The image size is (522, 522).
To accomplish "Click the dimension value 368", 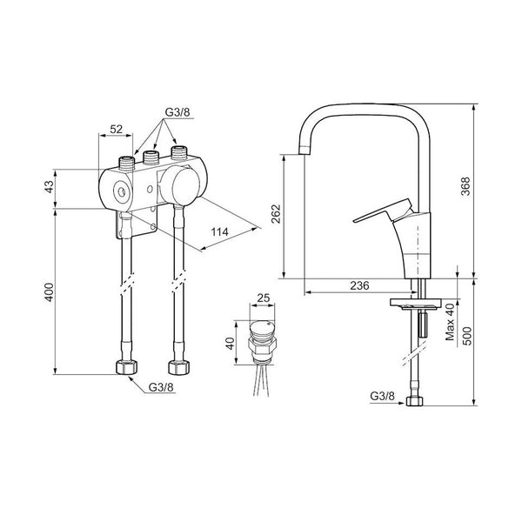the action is [466, 186].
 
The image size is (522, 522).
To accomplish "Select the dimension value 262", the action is [277, 214].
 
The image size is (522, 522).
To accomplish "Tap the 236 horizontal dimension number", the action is [359, 285].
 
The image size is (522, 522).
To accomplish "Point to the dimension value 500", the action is [468, 336].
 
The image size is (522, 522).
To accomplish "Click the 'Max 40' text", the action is [450, 322].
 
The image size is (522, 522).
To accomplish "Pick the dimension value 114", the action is [220, 231].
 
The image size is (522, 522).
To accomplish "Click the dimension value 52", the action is [117, 129].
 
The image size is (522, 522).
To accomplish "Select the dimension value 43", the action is [49, 187].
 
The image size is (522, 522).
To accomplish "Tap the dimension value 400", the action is [49, 292].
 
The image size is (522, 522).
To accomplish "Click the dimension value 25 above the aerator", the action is [264, 298].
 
